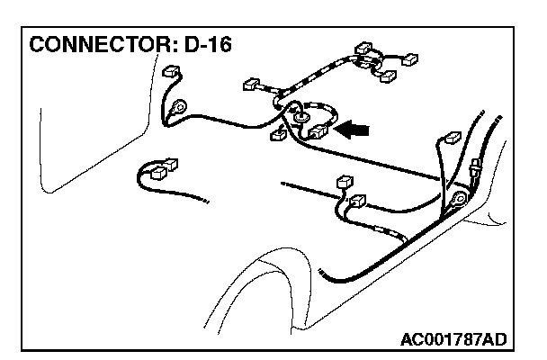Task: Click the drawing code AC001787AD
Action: point(453,339)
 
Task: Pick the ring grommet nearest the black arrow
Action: point(300,114)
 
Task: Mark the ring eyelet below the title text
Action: point(180,106)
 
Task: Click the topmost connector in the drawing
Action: point(364,47)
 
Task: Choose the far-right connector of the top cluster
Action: point(409,59)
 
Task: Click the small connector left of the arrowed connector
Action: point(279,137)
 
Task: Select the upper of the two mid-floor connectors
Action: point(342,183)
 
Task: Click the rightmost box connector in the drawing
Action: point(451,140)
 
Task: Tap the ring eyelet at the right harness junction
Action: point(459,199)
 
